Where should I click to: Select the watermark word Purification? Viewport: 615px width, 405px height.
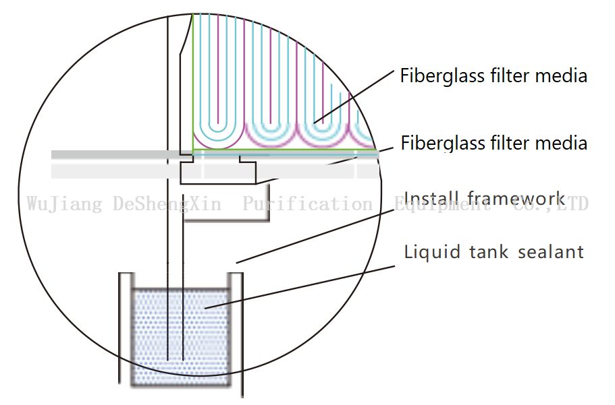tap(306, 204)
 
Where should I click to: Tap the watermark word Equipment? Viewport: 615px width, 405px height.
tap(442, 204)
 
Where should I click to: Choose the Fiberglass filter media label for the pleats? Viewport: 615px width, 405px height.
tap(493, 75)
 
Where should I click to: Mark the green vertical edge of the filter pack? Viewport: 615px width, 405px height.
tap(193, 81)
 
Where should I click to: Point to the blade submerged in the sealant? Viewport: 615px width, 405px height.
tap(173, 323)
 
